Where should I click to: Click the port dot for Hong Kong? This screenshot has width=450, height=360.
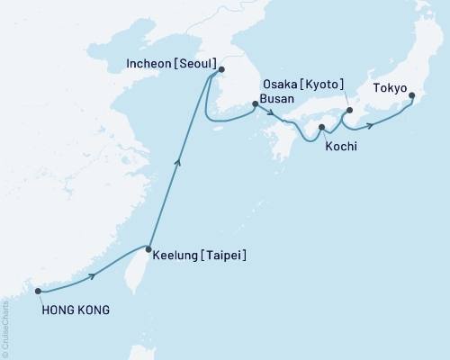[37, 291]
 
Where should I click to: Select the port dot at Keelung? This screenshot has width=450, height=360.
[148, 248]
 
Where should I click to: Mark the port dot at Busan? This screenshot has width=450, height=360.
[255, 104]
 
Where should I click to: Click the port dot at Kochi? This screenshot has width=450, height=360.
[321, 128]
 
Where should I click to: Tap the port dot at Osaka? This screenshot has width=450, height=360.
[349, 112]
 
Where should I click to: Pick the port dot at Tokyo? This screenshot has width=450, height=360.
[410, 95]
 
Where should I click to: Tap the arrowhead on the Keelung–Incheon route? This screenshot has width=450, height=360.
[178, 162]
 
